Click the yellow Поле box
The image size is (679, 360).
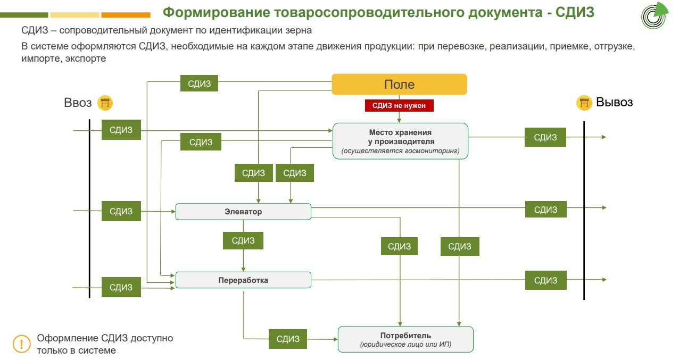[x=399, y=85]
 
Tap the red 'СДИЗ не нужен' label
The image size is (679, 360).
[x=399, y=106]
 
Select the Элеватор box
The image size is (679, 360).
[x=243, y=212]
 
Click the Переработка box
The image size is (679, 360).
[x=243, y=280]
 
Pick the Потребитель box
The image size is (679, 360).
[x=405, y=339]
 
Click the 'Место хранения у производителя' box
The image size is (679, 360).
[x=400, y=141]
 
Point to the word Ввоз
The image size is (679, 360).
[x=78, y=103]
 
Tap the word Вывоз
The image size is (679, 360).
[x=614, y=102]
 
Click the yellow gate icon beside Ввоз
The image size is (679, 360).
[x=105, y=103]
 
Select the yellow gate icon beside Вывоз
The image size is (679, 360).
[x=584, y=103]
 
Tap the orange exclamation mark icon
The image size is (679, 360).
[x=22, y=344]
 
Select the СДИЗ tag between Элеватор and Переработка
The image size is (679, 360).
[x=243, y=240]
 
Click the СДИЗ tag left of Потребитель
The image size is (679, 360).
[x=288, y=339]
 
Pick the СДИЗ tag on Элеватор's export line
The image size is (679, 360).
[x=545, y=210]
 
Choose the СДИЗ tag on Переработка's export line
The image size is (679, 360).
[x=545, y=280]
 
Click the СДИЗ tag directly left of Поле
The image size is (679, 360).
[x=199, y=83]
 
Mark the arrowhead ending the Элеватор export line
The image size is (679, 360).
[x=603, y=208]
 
